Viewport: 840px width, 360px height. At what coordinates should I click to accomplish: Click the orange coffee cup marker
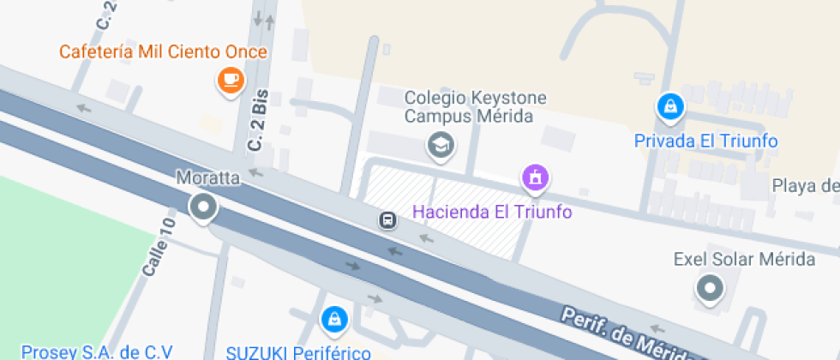tap(230, 81)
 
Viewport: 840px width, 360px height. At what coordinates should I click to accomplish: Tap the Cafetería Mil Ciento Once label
tap(163, 52)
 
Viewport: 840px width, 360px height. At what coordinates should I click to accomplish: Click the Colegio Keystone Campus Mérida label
tap(475, 107)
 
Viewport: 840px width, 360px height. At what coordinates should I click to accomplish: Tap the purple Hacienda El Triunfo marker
tap(535, 178)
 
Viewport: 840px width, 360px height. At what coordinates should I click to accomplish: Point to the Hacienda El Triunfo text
tap(492, 211)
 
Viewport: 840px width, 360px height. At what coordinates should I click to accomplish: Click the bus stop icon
tap(388, 220)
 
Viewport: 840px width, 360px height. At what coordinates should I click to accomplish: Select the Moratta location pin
tap(203, 207)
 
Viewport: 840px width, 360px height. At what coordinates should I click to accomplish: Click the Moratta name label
tap(207, 178)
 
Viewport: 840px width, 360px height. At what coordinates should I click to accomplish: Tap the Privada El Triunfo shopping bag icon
tap(669, 107)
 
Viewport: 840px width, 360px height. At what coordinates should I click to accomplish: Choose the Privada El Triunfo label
tap(705, 141)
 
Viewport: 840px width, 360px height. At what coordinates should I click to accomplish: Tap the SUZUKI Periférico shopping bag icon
tap(332, 320)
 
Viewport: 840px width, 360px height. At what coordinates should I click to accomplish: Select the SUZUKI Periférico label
tap(298, 351)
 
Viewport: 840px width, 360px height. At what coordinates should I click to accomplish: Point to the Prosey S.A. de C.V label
tap(97, 351)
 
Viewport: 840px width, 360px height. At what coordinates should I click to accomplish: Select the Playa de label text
tap(805, 186)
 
